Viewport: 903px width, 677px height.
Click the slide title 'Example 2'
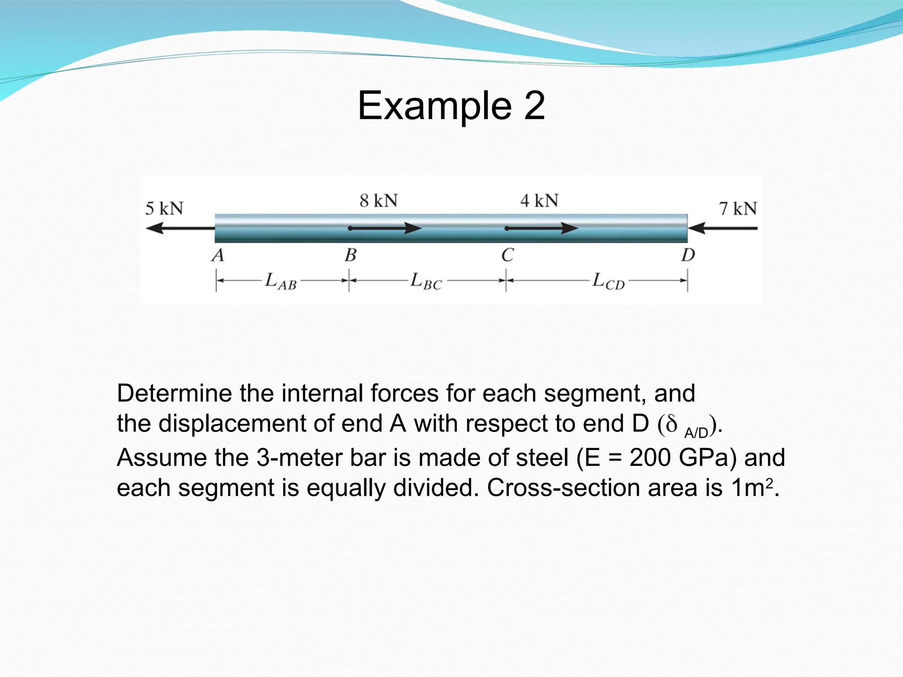click(451, 106)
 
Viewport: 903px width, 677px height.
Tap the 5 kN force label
click(164, 208)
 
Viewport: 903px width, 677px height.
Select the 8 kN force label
click(379, 201)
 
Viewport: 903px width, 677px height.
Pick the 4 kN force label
click(539, 201)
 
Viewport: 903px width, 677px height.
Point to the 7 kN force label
click(738, 208)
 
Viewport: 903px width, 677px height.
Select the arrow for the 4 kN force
click(542, 228)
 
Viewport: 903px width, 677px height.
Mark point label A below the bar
click(218, 255)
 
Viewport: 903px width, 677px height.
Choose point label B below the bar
click(351, 255)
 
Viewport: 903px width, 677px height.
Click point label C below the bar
click(507, 255)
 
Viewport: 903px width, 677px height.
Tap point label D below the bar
click(688, 255)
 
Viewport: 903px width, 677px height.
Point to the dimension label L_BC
click(426, 281)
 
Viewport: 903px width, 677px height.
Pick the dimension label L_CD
click(608, 281)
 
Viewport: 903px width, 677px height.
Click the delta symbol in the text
click(672, 424)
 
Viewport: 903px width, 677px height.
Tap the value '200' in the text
click(650, 458)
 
